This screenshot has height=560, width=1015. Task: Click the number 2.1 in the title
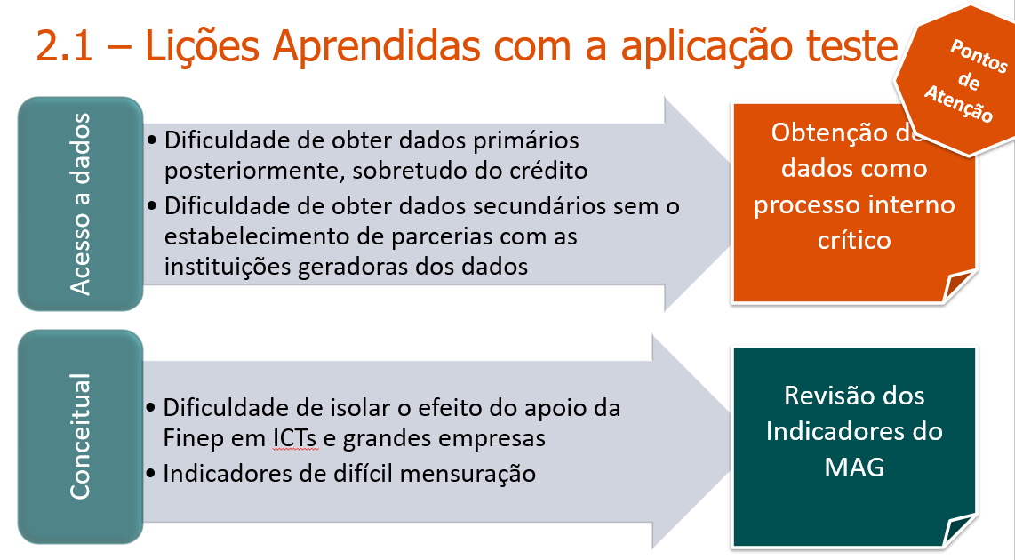click(x=66, y=47)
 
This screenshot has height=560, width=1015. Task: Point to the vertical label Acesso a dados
click(x=80, y=204)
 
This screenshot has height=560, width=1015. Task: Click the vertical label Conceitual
click(x=80, y=436)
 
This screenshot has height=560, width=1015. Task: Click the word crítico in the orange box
click(x=853, y=240)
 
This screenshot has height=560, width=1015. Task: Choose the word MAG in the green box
click(x=853, y=468)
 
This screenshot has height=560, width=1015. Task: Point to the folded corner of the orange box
click(x=960, y=286)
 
